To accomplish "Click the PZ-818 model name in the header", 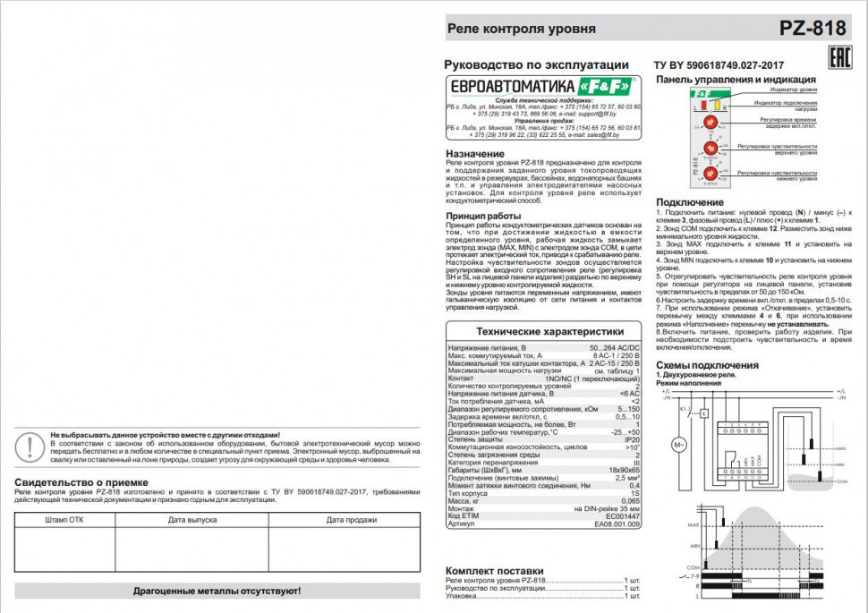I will pyautogui.click(x=812, y=28).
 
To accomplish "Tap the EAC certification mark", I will pyautogui.click(x=838, y=60).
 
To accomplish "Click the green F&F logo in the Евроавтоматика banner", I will pyautogui.click(x=608, y=86).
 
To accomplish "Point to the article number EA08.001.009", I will pyautogui.click(x=617, y=524).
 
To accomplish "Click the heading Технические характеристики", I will pyautogui.click(x=543, y=331).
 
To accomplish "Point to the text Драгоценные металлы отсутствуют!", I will pyautogui.click(x=217, y=592).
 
